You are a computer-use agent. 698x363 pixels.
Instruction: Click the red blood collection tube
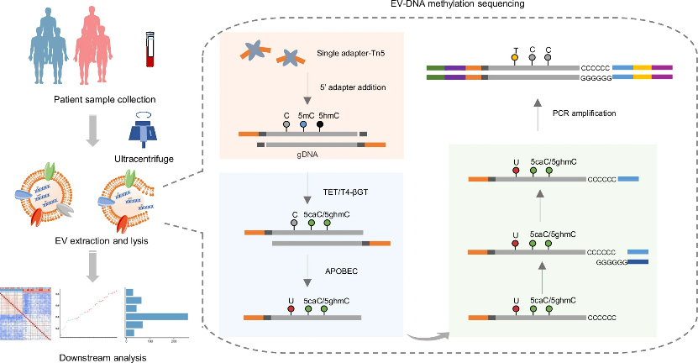151,50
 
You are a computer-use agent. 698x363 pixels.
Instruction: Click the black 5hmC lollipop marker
320,124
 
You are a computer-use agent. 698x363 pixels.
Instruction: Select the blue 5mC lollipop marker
303,124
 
